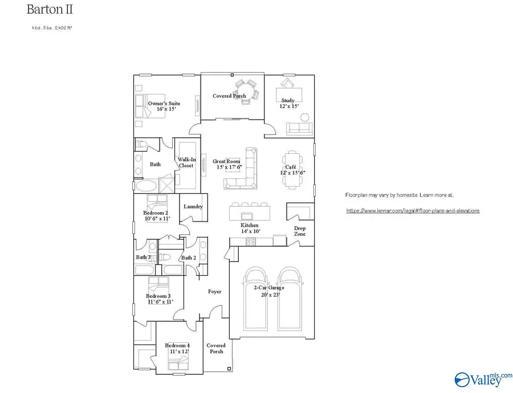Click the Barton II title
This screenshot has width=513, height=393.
coord(50,10)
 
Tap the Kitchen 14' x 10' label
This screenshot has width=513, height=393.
coord(250,228)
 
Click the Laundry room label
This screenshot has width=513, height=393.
coord(193,207)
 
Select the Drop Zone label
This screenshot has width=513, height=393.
coord(300,231)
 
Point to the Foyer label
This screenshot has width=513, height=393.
coord(214,292)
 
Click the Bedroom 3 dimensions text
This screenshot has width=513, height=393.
coord(160,302)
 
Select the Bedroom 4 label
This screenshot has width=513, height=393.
coord(177,346)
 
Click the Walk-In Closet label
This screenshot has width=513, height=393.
coord(186,163)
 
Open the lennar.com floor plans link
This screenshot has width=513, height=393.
coord(413,210)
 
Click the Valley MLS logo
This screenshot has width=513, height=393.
coord(482,378)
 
